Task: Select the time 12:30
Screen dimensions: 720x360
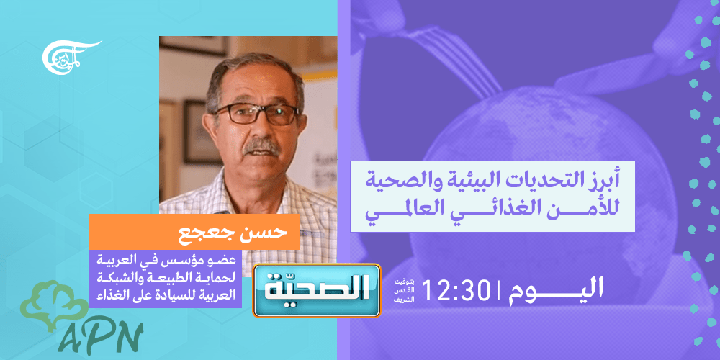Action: (454, 290)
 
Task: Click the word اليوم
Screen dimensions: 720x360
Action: (556, 289)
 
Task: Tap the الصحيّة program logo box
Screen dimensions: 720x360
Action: (317, 291)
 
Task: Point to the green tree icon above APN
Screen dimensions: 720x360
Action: (54, 304)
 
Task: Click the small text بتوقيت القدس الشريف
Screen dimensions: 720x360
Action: (404, 291)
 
